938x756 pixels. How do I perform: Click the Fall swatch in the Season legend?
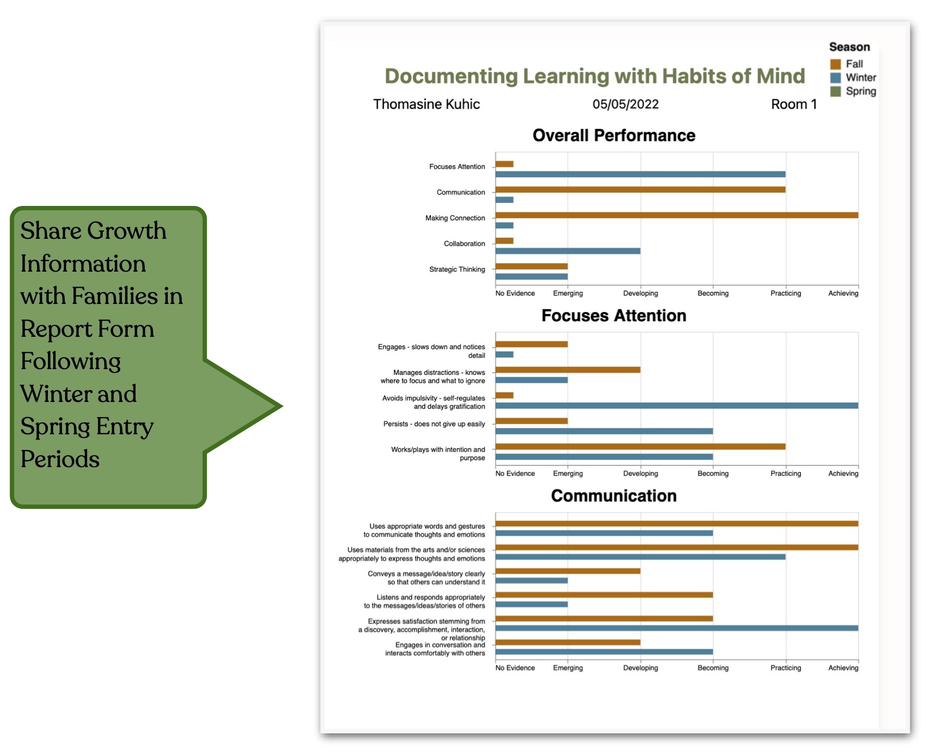835,64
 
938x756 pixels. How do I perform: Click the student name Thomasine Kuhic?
426,104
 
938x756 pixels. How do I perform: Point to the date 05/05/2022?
625,104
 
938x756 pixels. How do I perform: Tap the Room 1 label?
794,104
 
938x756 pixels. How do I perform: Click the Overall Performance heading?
614,136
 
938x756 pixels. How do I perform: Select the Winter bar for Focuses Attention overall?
640,174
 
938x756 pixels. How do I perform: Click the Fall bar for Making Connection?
676,215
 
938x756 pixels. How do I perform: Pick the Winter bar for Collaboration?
567,251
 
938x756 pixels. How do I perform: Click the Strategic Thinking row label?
457,270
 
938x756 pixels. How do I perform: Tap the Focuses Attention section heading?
614,315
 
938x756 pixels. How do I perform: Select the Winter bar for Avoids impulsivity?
676,406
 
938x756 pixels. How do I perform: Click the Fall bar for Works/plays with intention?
640,446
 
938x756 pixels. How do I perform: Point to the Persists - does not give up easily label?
434,424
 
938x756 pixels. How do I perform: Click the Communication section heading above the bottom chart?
614,495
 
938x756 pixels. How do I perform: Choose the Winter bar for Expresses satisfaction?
676,628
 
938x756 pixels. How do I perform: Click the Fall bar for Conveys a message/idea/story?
567,571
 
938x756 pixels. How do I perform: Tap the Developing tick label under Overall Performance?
640,294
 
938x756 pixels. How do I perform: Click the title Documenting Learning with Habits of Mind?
595,76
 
